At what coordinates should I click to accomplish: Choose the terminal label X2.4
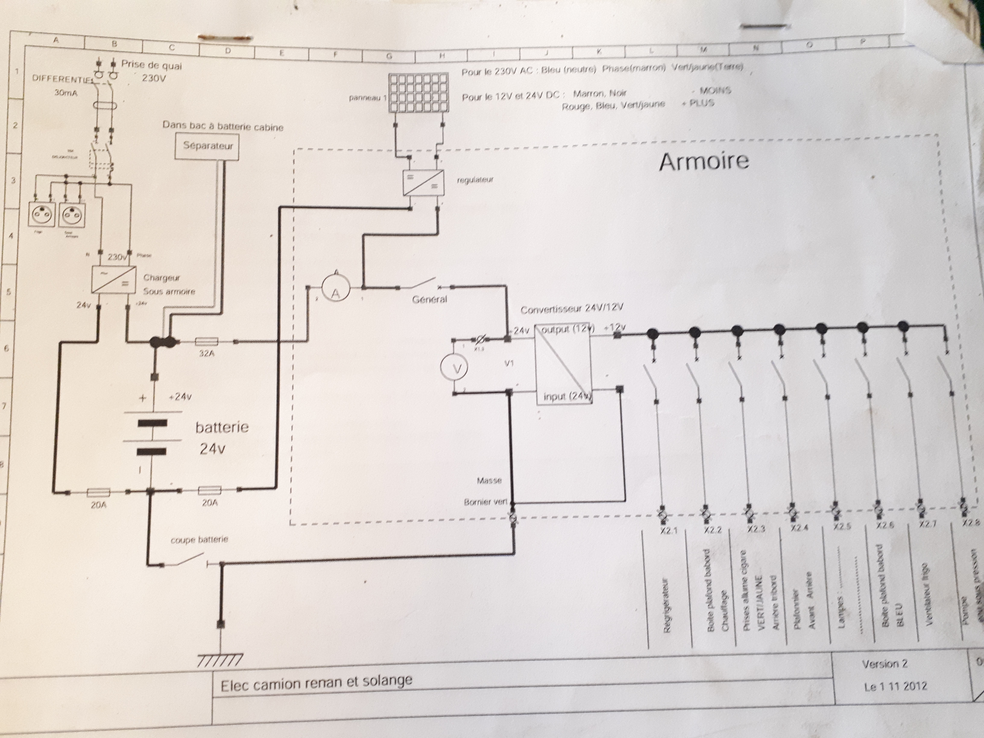click(x=799, y=528)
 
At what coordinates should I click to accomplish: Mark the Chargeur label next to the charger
click(x=161, y=278)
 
